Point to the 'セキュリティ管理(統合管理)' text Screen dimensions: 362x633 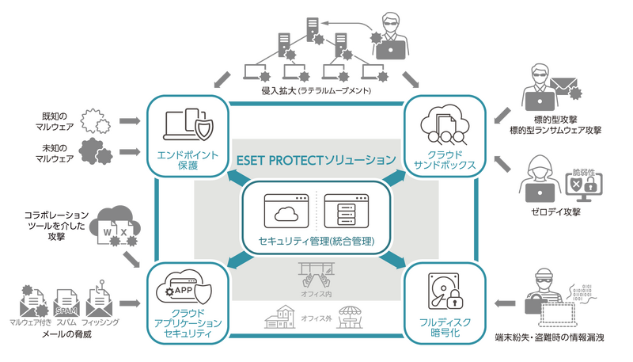(x=317, y=240)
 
